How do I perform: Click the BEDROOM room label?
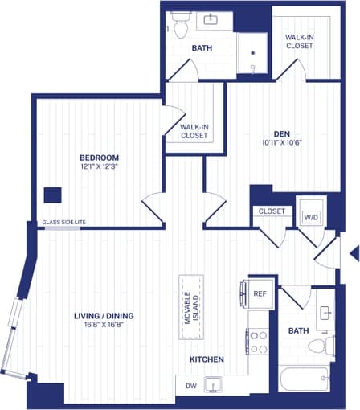point(99,157)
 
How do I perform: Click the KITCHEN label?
point(207,359)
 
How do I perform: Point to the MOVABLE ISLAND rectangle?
point(191,308)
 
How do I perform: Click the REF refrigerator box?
point(259,294)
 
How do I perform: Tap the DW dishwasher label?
point(190,387)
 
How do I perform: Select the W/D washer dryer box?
point(310,217)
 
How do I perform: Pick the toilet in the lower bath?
point(321,346)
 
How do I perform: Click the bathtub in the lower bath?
point(299,379)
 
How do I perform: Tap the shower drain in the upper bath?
point(253,53)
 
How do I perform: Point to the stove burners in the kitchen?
point(259,342)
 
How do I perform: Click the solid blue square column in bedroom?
point(53,195)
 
